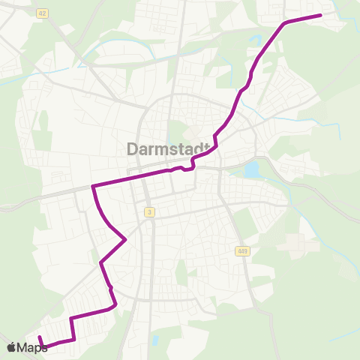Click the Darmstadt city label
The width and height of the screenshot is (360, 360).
(x=166, y=149)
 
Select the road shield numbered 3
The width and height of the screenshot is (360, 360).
(x=150, y=212)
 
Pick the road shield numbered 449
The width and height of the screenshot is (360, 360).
(x=241, y=250)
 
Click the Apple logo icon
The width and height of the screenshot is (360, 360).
(x=10, y=347)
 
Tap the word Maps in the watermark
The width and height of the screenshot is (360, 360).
(x=32, y=347)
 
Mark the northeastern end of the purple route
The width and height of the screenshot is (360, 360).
(x=320, y=15)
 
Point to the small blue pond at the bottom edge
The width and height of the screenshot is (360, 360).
(x=154, y=340)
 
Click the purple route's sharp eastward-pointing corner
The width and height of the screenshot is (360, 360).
(x=124, y=239)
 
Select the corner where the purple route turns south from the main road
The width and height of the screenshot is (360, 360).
(x=92, y=186)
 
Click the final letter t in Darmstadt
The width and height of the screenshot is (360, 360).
(x=204, y=149)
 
